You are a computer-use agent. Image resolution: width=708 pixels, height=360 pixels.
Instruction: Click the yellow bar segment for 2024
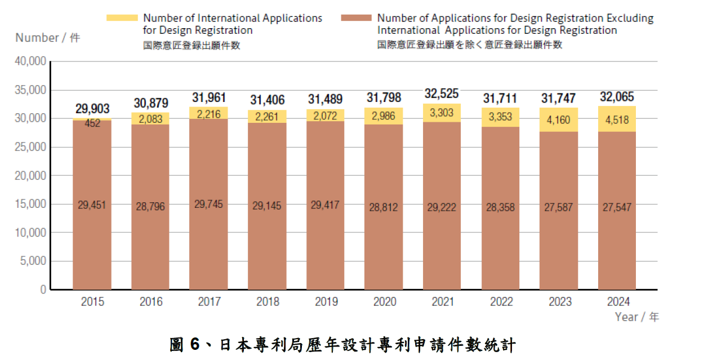pyautogui.click(x=616, y=119)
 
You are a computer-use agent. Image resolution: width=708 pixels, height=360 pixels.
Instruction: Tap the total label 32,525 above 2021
pyautogui.click(x=442, y=94)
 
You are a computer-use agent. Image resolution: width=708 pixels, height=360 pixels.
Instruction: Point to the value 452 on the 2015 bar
pyautogui.click(x=92, y=123)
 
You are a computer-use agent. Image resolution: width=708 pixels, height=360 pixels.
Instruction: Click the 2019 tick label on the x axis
pyautogui.click(x=326, y=302)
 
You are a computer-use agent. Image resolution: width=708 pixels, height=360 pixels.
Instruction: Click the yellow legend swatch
pyautogui.click(x=122, y=18)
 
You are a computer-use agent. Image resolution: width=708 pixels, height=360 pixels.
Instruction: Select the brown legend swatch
pyautogui.click(x=357, y=18)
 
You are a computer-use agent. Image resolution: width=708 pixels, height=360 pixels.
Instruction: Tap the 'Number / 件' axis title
pyautogui.click(x=48, y=38)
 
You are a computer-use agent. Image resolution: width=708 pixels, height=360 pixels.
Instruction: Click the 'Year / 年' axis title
pyautogui.click(x=637, y=317)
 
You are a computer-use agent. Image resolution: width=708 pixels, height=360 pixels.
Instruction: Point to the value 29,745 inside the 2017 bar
pyautogui.click(x=208, y=205)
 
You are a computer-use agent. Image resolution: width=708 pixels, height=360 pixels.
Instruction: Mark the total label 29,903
pyautogui.click(x=92, y=109)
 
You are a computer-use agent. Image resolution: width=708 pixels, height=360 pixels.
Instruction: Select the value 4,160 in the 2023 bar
pyautogui.click(x=558, y=119)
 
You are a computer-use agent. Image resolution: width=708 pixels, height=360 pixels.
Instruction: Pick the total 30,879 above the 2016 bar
pyautogui.click(x=150, y=103)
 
